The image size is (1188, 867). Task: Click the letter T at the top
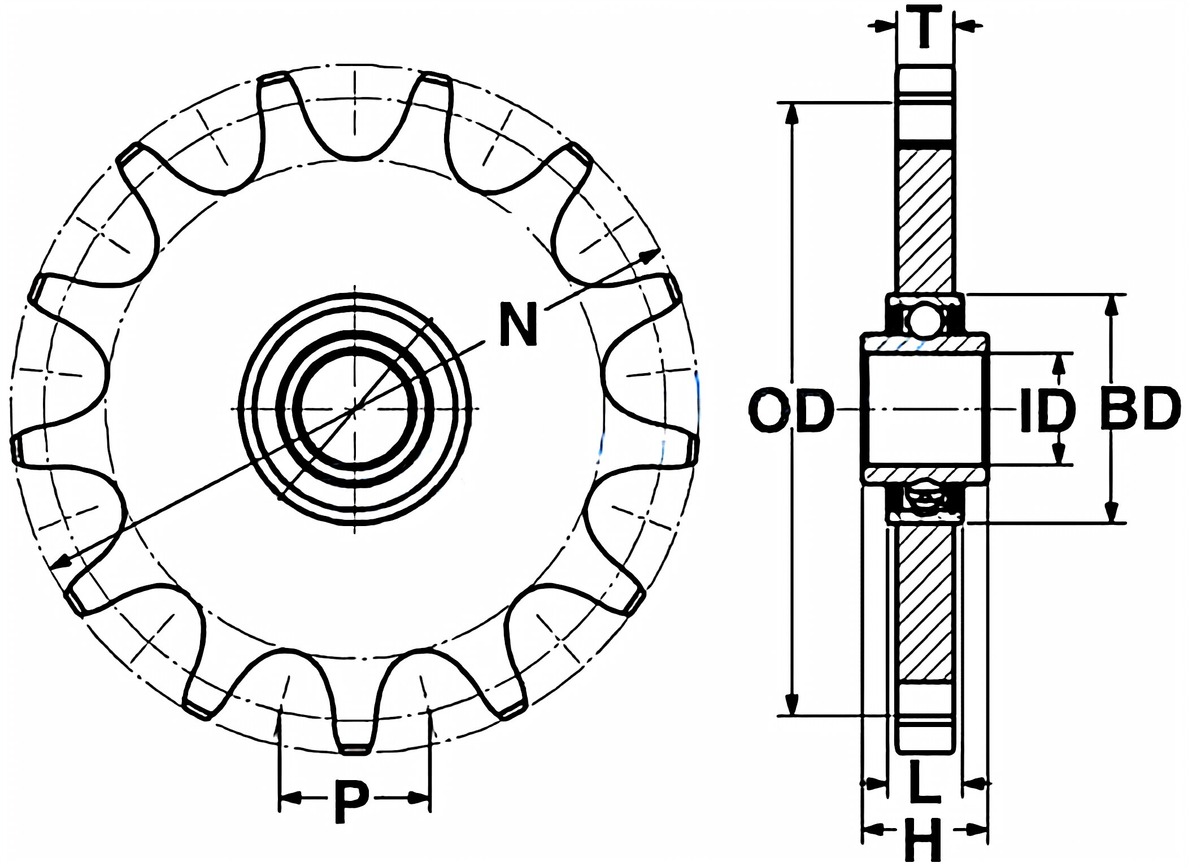924,27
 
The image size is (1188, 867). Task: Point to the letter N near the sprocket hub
518,324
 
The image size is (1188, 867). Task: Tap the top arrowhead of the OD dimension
793,113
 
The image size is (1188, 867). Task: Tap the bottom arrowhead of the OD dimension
793,706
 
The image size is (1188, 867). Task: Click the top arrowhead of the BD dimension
1111,305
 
